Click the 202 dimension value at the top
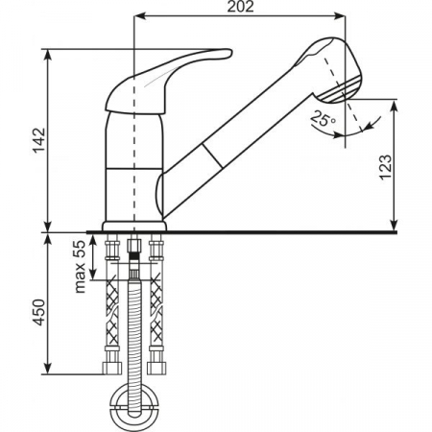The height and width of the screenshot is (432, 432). point(241,7)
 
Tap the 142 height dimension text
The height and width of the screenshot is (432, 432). point(40,140)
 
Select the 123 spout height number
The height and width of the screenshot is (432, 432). point(385,167)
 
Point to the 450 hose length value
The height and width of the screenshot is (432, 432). point(39,312)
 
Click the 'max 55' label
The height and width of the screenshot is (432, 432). point(80,267)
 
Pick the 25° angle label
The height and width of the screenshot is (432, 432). point(324,118)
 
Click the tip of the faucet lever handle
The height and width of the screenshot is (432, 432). point(230,53)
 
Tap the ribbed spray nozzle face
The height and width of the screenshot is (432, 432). point(343,90)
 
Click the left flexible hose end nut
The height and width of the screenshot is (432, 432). point(112,369)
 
